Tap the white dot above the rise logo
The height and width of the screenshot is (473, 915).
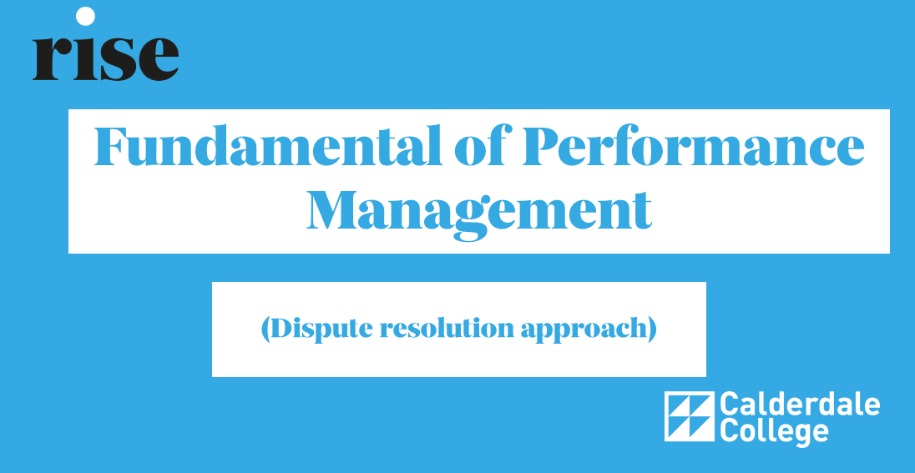coord(86,17)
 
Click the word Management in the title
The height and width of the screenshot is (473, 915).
coord(479,211)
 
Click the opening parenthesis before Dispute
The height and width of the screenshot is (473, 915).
coord(265,330)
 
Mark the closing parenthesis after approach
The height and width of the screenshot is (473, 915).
coord(652,330)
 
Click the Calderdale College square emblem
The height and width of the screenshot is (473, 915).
coord(689,416)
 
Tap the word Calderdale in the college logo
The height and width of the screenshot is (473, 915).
coord(800,405)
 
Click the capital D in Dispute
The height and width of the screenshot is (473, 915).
coord(283,329)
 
